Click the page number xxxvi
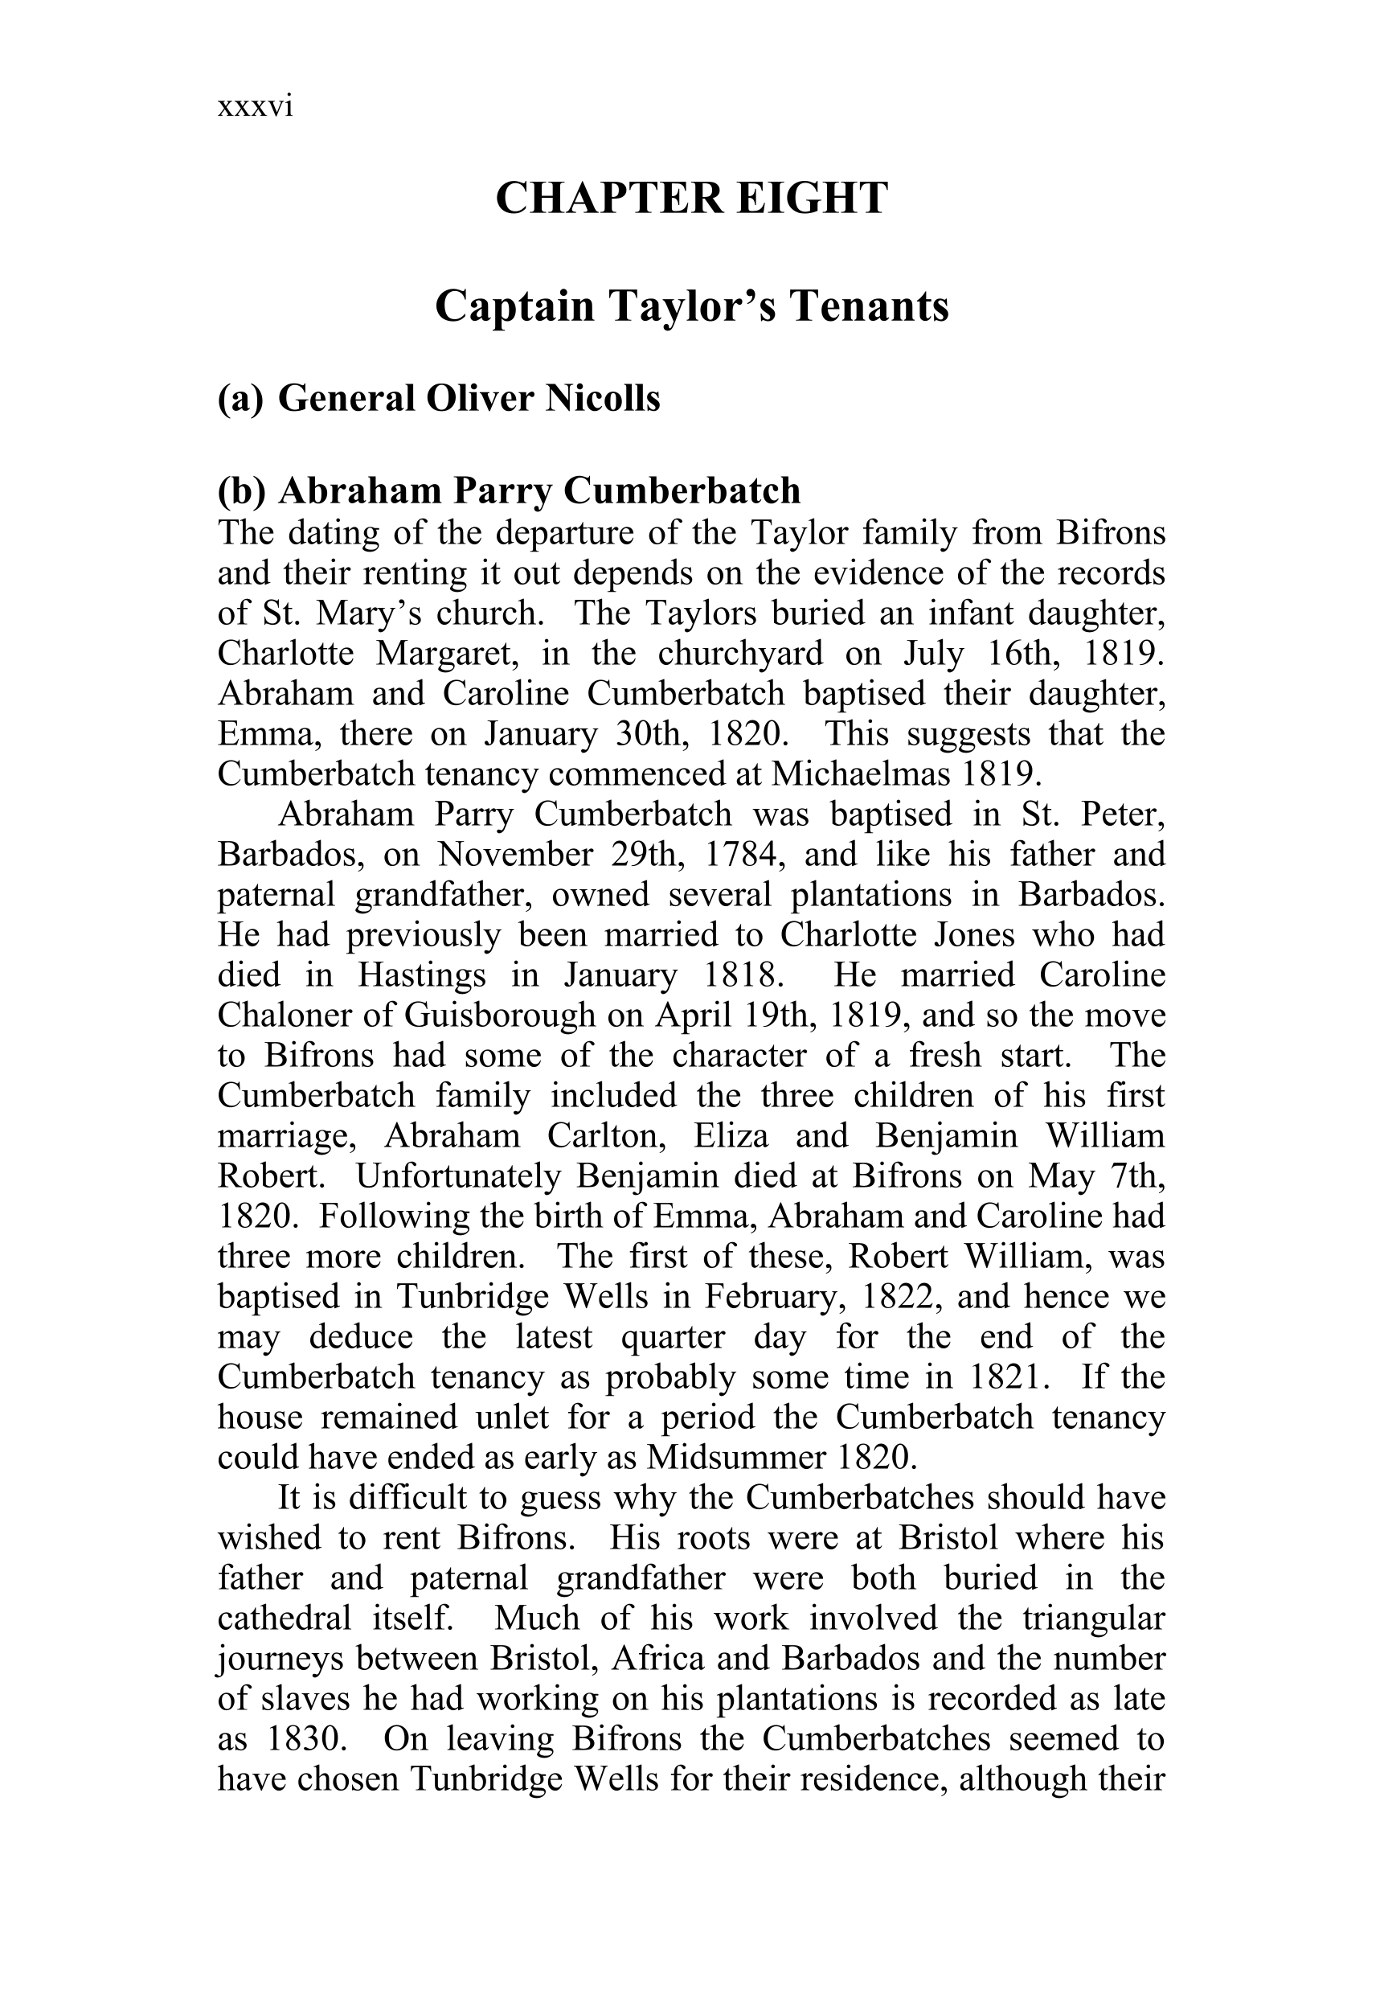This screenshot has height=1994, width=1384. tap(255, 107)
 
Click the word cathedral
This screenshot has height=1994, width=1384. tap(284, 1619)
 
